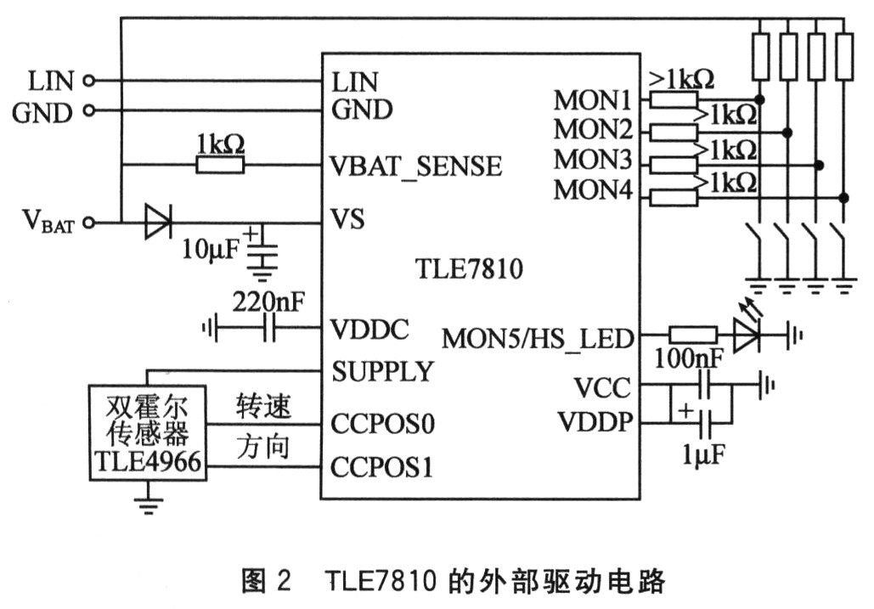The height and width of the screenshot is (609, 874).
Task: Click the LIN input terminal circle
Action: point(89,82)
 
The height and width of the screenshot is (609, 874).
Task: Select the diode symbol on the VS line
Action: point(157,223)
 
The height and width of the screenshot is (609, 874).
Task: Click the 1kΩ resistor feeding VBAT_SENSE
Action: point(219,166)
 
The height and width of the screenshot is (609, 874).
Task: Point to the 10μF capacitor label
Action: point(212,249)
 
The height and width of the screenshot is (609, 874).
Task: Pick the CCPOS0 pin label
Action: point(383,422)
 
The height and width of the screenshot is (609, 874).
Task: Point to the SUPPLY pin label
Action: point(382,372)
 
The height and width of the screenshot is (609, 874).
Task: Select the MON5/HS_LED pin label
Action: point(538,339)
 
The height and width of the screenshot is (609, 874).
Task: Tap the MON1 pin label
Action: point(593,101)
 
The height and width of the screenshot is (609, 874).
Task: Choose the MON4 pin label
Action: point(593,190)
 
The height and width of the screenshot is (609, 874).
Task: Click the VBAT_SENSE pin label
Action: point(416,166)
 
